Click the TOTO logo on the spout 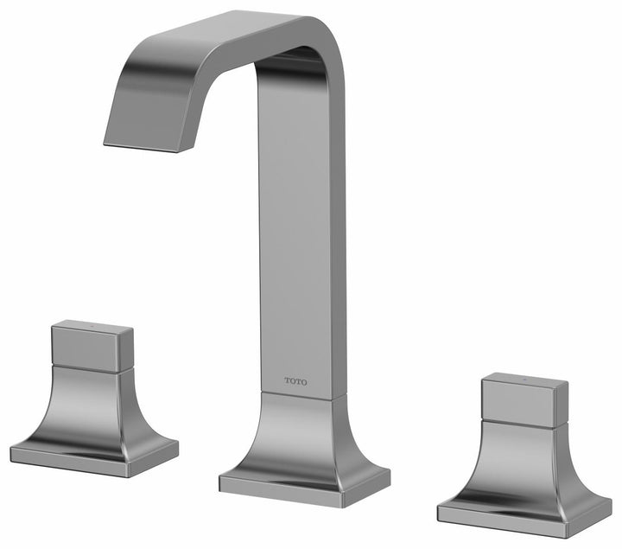tap(295, 380)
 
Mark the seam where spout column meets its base tap(302, 398)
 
